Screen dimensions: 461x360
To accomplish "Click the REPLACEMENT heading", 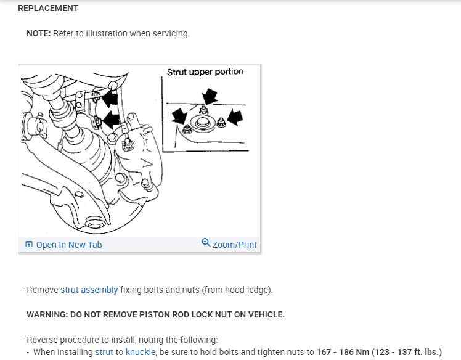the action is [x=48, y=9].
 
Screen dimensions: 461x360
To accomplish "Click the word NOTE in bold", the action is [x=38, y=33].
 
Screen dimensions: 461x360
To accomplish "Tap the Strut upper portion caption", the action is [x=205, y=72].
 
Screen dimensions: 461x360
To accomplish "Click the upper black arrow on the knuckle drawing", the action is [x=110, y=98].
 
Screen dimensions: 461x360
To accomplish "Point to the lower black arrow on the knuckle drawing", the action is [x=111, y=120].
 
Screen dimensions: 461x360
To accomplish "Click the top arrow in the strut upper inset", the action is [x=210, y=96].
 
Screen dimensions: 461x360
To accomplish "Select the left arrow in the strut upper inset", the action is [x=179, y=115].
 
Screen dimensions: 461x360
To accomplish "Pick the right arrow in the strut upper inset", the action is [x=235, y=116].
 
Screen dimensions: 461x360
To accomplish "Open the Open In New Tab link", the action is [x=68, y=245].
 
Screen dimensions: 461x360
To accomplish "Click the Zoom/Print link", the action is [x=234, y=245].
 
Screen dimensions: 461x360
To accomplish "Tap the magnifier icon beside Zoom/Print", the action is [x=206, y=243].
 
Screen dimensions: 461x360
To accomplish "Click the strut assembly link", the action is [x=89, y=290].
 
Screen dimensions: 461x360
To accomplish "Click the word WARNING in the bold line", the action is [x=47, y=314].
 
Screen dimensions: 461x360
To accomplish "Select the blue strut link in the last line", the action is [x=104, y=352].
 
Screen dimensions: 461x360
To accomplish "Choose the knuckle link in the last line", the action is [x=140, y=352].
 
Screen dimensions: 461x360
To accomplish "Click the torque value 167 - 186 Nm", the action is [x=343, y=352].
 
